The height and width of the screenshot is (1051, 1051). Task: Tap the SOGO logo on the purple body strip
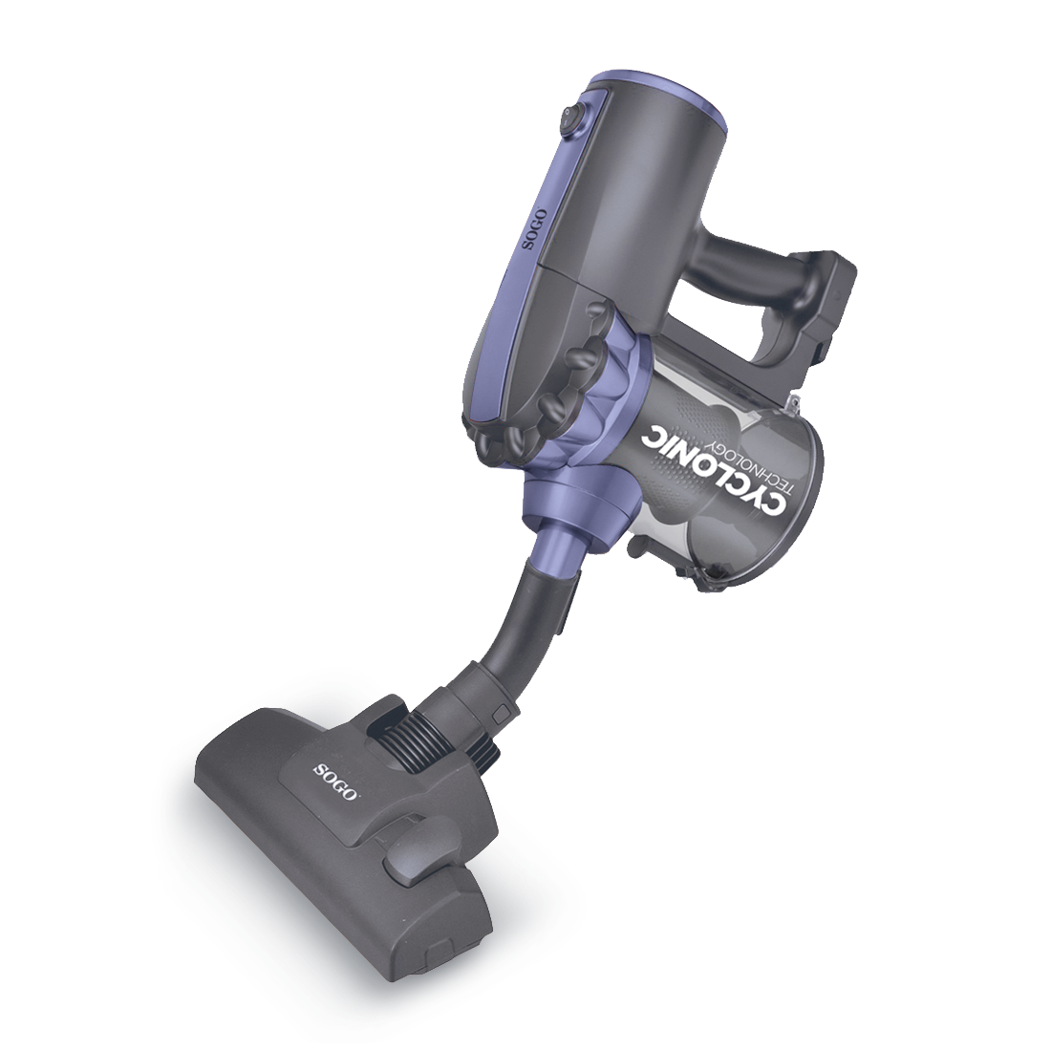(x=537, y=230)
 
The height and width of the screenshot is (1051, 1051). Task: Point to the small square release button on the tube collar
(x=498, y=713)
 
